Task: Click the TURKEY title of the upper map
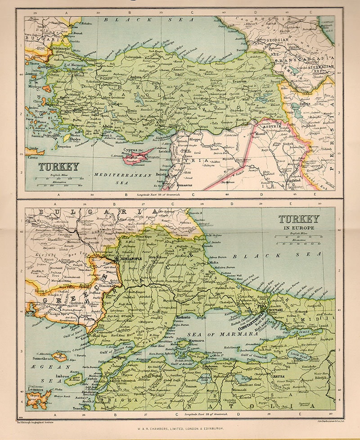click(x=58, y=167)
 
